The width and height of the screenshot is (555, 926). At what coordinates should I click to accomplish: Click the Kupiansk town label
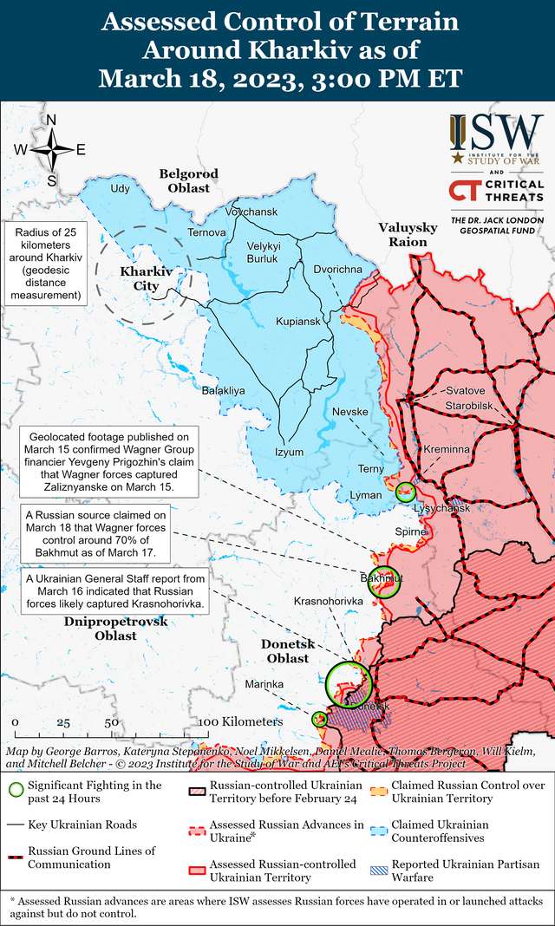(x=298, y=322)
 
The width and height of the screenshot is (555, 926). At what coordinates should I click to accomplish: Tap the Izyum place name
(x=289, y=452)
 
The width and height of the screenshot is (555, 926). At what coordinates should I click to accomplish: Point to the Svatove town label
(x=466, y=390)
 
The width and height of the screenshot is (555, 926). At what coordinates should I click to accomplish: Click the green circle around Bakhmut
(x=383, y=584)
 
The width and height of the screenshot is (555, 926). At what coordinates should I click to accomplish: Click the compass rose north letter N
(x=51, y=121)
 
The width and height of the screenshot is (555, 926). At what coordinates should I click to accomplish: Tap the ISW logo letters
(x=496, y=131)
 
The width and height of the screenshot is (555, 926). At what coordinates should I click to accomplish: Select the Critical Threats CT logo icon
(x=467, y=191)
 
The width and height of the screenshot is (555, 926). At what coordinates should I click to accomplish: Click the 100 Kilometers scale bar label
(x=241, y=721)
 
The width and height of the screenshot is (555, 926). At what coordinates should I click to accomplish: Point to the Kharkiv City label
(x=146, y=278)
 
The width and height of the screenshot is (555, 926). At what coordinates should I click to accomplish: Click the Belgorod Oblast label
(x=189, y=180)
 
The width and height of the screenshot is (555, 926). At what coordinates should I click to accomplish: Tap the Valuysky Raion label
(x=402, y=234)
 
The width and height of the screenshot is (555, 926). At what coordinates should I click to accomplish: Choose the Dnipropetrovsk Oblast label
(x=115, y=629)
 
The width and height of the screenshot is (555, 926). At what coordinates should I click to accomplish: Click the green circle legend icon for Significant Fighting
(x=16, y=790)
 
